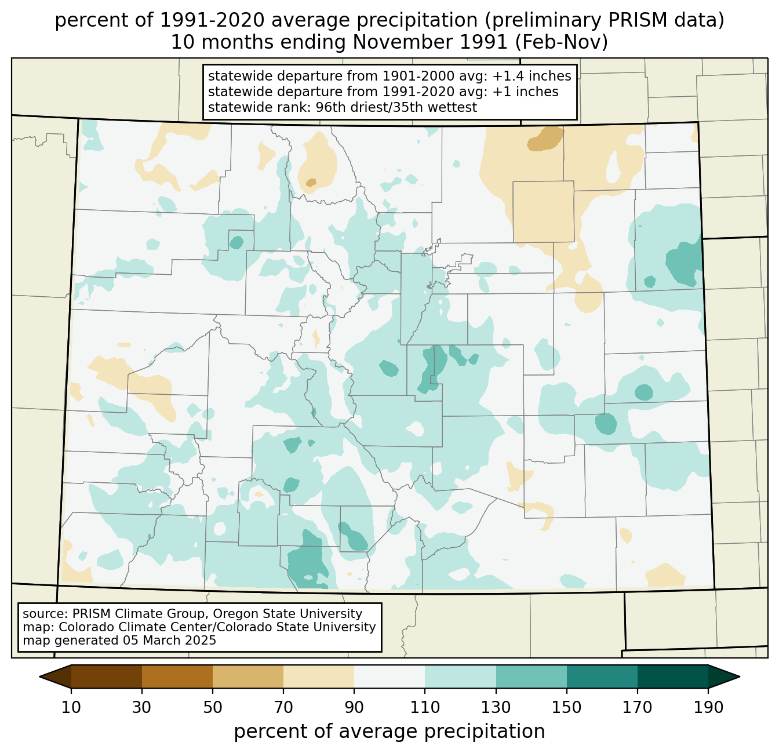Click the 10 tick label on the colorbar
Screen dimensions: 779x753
[71, 707]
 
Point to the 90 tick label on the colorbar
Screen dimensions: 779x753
[354, 707]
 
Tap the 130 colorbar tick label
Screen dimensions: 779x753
[496, 707]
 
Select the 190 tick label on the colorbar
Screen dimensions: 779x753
[708, 707]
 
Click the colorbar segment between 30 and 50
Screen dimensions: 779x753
[177, 676]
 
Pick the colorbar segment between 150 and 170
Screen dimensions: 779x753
[602, 676]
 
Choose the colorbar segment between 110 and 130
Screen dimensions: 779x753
[460, 676]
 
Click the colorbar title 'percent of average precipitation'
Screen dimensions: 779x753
[389, 732]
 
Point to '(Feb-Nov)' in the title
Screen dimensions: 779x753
[561, 42]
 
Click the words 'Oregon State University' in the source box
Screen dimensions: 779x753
[287, 614]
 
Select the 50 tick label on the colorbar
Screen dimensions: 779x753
[213, 707]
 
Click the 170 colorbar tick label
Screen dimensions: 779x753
[638, 707]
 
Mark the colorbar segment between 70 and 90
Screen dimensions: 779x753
[319, 676]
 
